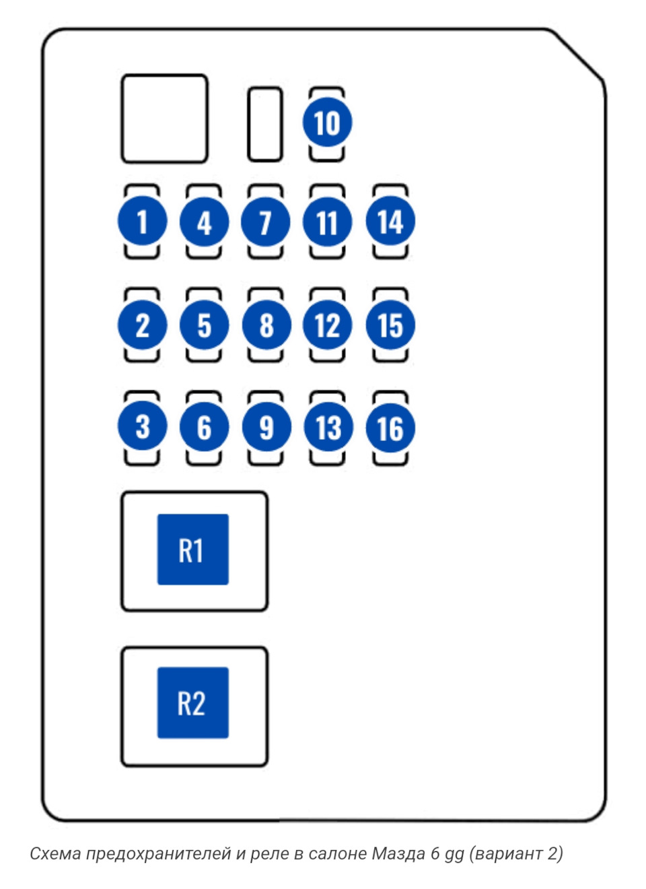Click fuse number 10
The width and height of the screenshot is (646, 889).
[x=327, y=122]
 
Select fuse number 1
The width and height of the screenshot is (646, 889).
[x=143, y=221]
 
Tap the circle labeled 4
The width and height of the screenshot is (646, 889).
[x=204, y=222]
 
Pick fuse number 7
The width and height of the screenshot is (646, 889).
[x=266, y=222]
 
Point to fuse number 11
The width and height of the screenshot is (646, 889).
[x=327, y=222]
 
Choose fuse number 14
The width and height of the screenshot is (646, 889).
[x=390, y=221]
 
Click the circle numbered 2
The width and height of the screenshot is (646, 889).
[x=143, y=325]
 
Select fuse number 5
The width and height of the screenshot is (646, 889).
[x=204, y=325]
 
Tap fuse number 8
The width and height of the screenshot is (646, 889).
[x=266, y=325]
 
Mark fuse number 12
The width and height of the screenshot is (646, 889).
[x=327, y=325]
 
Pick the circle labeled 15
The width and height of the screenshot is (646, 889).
[x=390, y=325]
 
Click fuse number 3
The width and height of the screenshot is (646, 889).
[x=143, y=426]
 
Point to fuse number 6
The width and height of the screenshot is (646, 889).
[x=204, y=426]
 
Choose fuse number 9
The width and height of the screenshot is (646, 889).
[x=266, y=426]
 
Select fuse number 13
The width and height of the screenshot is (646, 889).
[x=328, y=426]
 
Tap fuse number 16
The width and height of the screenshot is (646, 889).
[x=390, y=428]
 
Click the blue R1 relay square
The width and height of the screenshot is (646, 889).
[x=193, y=550]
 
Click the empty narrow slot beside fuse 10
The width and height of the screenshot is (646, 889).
[x=265, y=124]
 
